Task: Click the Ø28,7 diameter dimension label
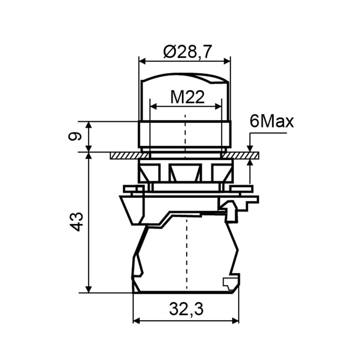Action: coord(186,52)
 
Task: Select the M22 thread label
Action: coord(187,97)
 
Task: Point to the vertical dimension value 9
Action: coord(75,136)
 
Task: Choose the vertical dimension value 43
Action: coord(76,222)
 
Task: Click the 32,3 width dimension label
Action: coord(186,310)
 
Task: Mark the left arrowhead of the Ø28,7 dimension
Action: coord(143,61)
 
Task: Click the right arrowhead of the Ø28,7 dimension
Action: coord(227,61)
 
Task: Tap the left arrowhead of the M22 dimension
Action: coord(153,106)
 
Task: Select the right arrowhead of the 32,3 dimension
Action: coord(235,321)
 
